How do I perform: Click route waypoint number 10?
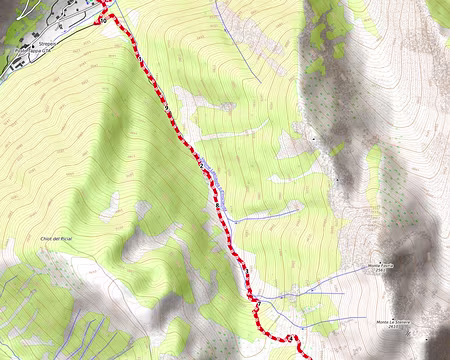pyautogui.click(x=103, y=20)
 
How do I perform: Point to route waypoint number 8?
pyautogui.click(x=201, y=164)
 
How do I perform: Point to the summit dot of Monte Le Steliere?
pyautogui.click(x=410, y=320)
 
